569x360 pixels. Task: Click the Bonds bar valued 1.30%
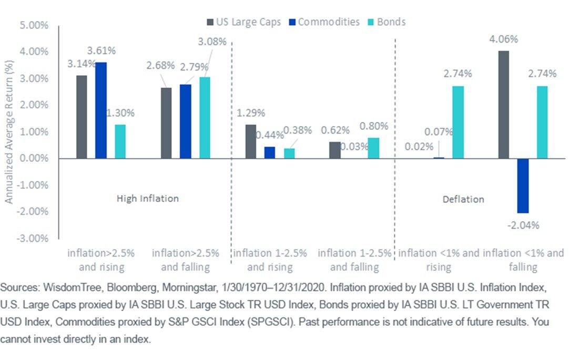point(120,141)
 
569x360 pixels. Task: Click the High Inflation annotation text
point(148,199)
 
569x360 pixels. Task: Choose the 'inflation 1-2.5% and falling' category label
point(355,260)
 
